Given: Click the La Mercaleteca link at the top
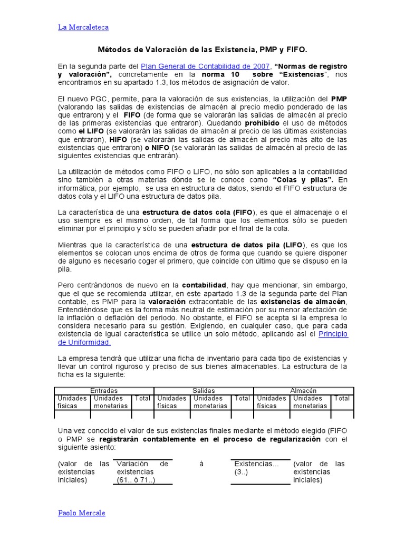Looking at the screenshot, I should coord(83,27).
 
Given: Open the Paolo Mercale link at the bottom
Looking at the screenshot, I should coord(81,513).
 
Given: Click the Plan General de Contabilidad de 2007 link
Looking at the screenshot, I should coord(206,66).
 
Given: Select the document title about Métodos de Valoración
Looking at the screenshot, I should coord(202,49).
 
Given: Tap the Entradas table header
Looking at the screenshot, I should coord(104,391).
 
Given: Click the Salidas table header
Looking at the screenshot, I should coord(204,391).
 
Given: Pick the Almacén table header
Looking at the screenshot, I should coord(303,391).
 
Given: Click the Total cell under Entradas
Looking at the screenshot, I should coord(142,399).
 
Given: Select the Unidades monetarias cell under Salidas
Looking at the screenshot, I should coord(210,402).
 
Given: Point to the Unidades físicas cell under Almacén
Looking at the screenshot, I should coord(271,402).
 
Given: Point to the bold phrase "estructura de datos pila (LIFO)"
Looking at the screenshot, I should coord(248,245).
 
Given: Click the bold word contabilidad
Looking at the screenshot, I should coord(205,285).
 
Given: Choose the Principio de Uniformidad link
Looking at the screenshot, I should coord(333,334).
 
